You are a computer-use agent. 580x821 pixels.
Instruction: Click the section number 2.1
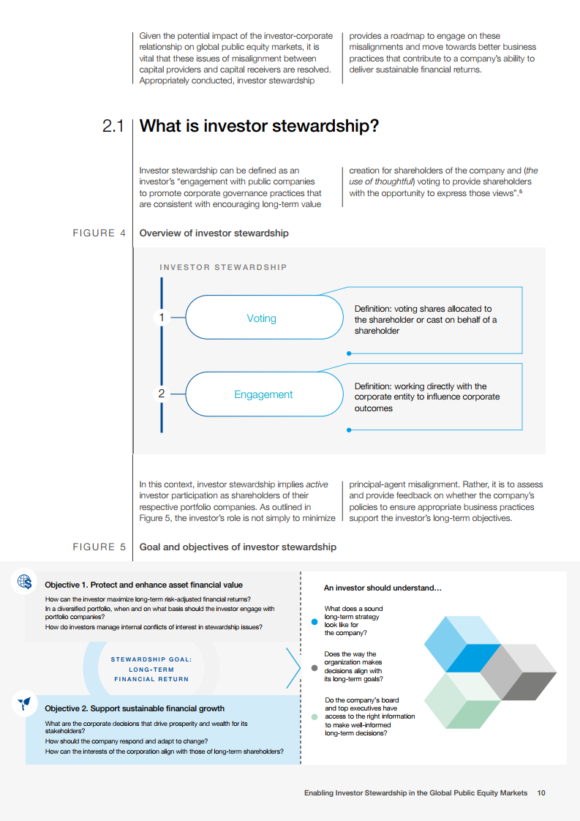tap(113, 127)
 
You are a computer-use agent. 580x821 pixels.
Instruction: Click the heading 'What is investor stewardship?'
tap(259, 126)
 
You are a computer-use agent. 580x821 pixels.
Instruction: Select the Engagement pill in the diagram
tap(263, 394)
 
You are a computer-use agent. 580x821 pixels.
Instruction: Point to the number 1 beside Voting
tap(162, 318)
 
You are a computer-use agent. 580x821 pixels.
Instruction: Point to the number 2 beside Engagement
tap(162, 394)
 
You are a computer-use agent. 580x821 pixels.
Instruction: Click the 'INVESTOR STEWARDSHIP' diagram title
tap(223, 267)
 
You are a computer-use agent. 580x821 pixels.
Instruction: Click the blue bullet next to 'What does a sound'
tap(315, 621)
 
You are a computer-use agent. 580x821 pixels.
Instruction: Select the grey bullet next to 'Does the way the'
tap(315, 667)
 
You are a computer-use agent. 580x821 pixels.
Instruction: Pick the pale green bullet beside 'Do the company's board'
tap(315, 717)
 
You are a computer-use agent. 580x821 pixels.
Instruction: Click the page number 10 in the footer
tap(541, 792)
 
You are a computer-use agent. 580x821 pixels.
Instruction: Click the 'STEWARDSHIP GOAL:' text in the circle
tap(151, 659)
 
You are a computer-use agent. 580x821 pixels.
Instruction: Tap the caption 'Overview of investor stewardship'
tap(214, 233)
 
